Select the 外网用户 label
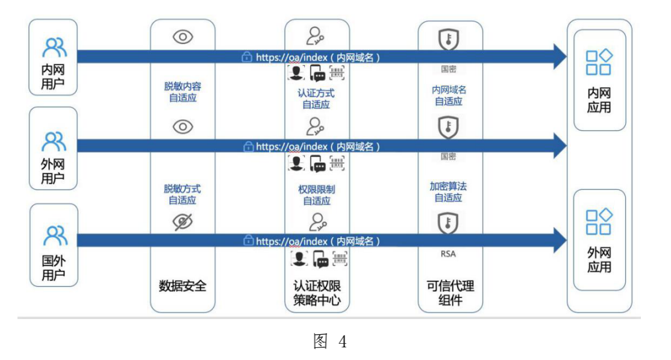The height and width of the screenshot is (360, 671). pyautogui.click(x=53, y=172)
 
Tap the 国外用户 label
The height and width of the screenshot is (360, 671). pyautogui.click(x=53, y=268)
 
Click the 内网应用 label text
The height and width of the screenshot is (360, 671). pyautogui.click(x=599, y=101)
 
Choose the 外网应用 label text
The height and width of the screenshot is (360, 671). pyautogui.click(x=599, y=259)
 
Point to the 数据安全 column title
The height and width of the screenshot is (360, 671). pyautogui.click(x=183, y=285)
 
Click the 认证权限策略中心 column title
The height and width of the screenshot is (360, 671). pyautogui.click(x=317, y=293)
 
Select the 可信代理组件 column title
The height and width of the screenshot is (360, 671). pyautogui.click(x=450, y=293)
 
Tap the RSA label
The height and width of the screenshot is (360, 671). pyautogui.click(x=448, y=254)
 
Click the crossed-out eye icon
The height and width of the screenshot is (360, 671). pyautogui.click(x=183, y=222)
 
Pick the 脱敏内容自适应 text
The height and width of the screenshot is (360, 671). pyautogui.click(x=183, y=92)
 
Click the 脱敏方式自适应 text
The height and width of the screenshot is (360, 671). pyautogui.click(x=183, y=194)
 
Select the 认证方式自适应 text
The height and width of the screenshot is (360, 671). pyautogui.click(x=316, y=99)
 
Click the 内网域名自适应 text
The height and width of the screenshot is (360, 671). pyautogui.click(x=449, y=96)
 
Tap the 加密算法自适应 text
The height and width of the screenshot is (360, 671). pyautogui.click(x=449, y=191)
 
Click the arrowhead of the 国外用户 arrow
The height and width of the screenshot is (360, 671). pyautogui.click(x=560, y=241)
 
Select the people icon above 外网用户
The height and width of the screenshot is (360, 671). pyautogui.click(x=53, y=141)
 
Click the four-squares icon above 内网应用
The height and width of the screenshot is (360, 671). pyautogui.click(x=599, y=63)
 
